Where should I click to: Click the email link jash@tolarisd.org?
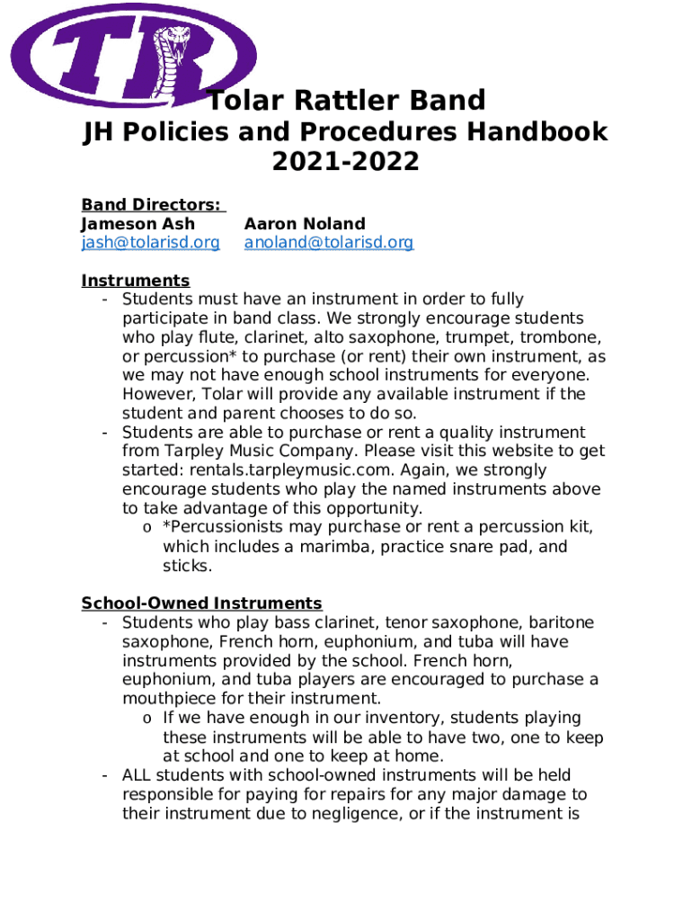[150, 243]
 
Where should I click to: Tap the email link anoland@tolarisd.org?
[329, 243]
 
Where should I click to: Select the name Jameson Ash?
[138, 224]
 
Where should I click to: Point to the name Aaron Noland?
[305, 224]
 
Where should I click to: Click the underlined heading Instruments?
[135, 281]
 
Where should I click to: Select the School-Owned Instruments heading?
[201, 604]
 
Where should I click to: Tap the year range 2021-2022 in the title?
[345, 162]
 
